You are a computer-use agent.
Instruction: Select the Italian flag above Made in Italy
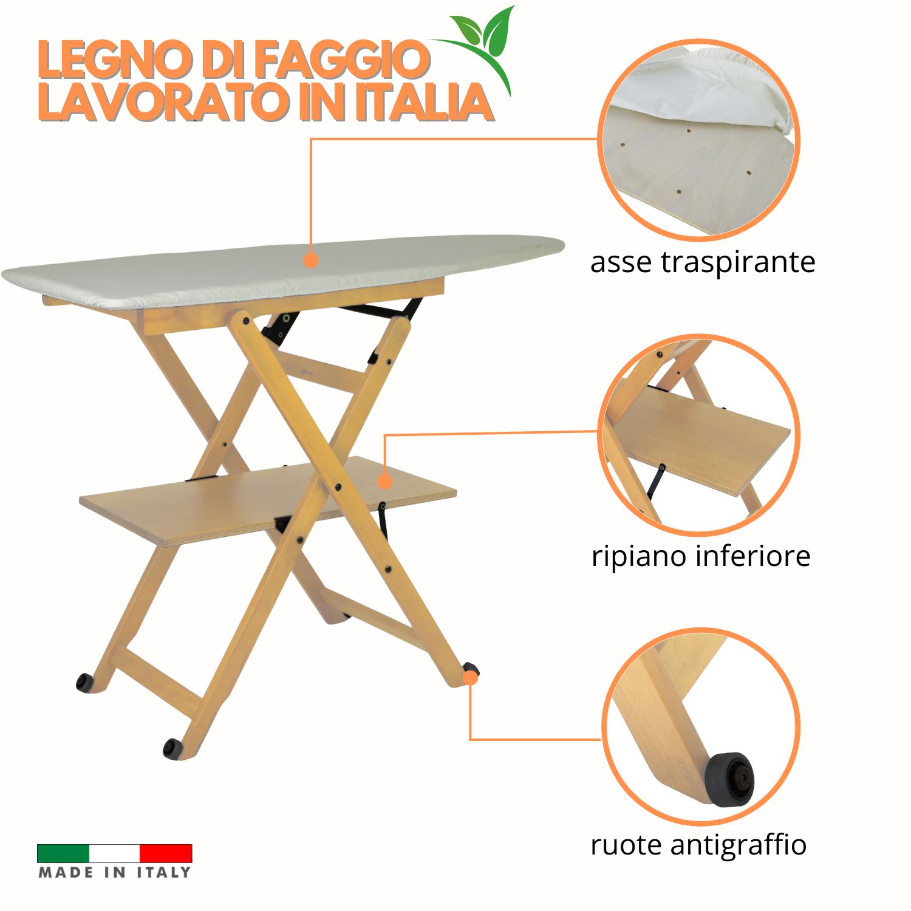[115, 853]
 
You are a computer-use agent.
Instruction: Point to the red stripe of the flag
[166, 853]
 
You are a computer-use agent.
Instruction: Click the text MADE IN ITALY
[115, 873]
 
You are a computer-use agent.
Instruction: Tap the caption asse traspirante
[703, 263]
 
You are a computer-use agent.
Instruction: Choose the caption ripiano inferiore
[701, 556]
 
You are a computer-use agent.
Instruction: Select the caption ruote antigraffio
[698, 845]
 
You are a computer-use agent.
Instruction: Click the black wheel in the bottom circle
[729, 780]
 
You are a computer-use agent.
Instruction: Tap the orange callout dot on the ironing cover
[311, 261]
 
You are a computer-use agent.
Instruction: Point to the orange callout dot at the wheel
[470, 678]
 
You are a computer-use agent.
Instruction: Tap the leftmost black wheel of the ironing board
[84, 683]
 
